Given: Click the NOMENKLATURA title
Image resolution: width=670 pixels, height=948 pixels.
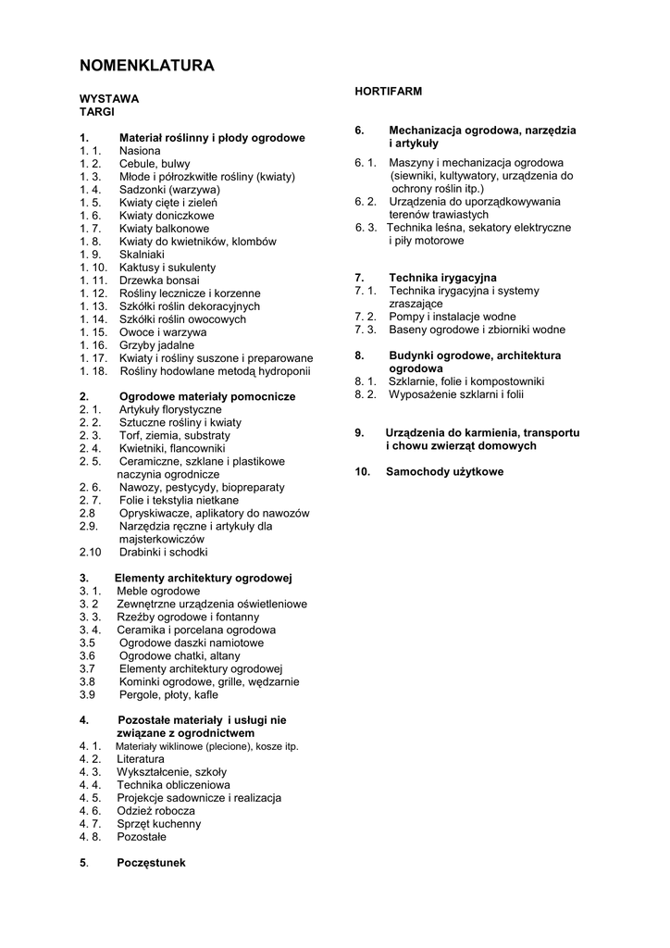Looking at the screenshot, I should click(147, 66).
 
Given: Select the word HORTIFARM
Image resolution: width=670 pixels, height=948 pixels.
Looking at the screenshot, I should click(389, 92).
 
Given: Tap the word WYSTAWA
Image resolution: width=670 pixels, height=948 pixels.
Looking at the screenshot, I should click(109, 98).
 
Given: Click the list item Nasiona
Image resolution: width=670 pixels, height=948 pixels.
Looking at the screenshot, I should click(140, 151).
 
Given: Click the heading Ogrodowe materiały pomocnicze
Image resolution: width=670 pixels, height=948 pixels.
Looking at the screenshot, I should click(206, 396).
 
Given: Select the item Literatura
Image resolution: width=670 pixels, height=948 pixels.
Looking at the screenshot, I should click(141, 758).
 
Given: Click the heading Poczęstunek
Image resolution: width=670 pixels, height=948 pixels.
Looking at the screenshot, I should click(152, 863).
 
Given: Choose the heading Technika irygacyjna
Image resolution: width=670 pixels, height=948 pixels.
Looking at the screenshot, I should click(442, 278).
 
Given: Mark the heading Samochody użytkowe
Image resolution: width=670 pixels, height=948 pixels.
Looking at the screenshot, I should click(444, 472).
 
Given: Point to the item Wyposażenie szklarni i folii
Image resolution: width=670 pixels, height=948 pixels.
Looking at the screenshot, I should click(456, 394).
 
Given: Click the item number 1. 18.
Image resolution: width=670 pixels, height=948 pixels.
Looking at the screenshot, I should click(94, 371).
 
